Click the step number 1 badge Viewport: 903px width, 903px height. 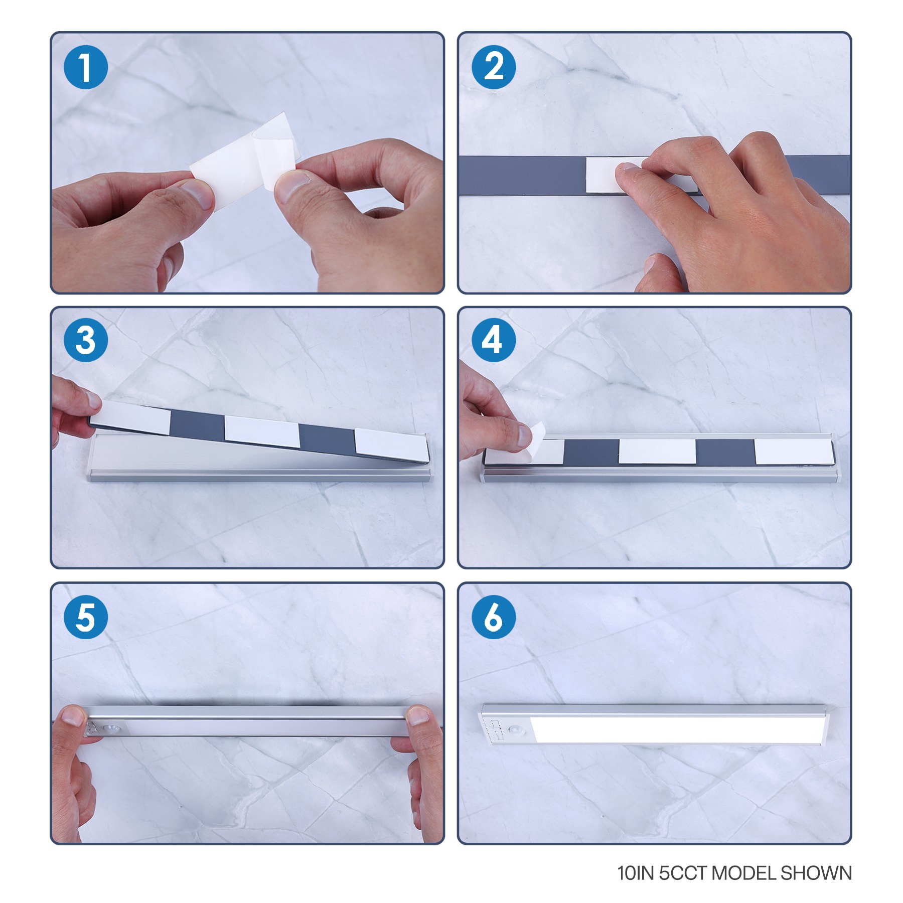tap(86, 67)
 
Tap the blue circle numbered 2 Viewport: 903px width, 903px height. tap(494, 67)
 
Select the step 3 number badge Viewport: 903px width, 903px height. tap(86, 340)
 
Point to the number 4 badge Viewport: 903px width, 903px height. tap(494, 340)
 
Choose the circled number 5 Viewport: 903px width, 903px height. tap(86, 618)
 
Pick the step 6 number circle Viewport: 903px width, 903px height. tap(494, 618)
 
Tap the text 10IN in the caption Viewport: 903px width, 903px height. tap(635, 873)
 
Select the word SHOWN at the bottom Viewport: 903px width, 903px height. tap(816, 873)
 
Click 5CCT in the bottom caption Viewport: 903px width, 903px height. tap(683, 873)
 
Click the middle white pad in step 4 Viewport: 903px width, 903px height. tap(657, 451)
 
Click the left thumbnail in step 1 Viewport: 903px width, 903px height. tap(197, 195)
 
